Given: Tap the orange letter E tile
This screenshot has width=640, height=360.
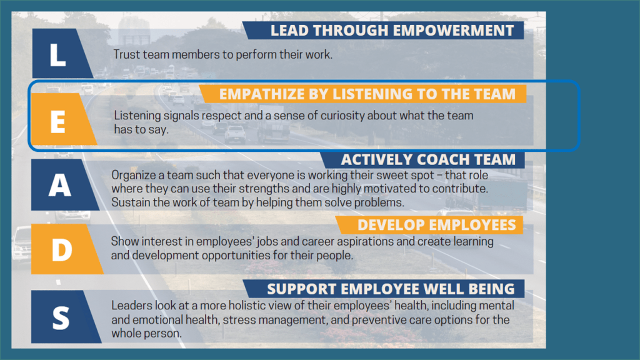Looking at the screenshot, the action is coord(62,119).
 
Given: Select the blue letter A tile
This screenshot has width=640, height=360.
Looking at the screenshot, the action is coord(63,185).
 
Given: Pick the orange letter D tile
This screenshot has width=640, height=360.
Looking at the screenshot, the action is coord(65,249).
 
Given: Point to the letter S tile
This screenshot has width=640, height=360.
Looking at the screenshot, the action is coord(64,317).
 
